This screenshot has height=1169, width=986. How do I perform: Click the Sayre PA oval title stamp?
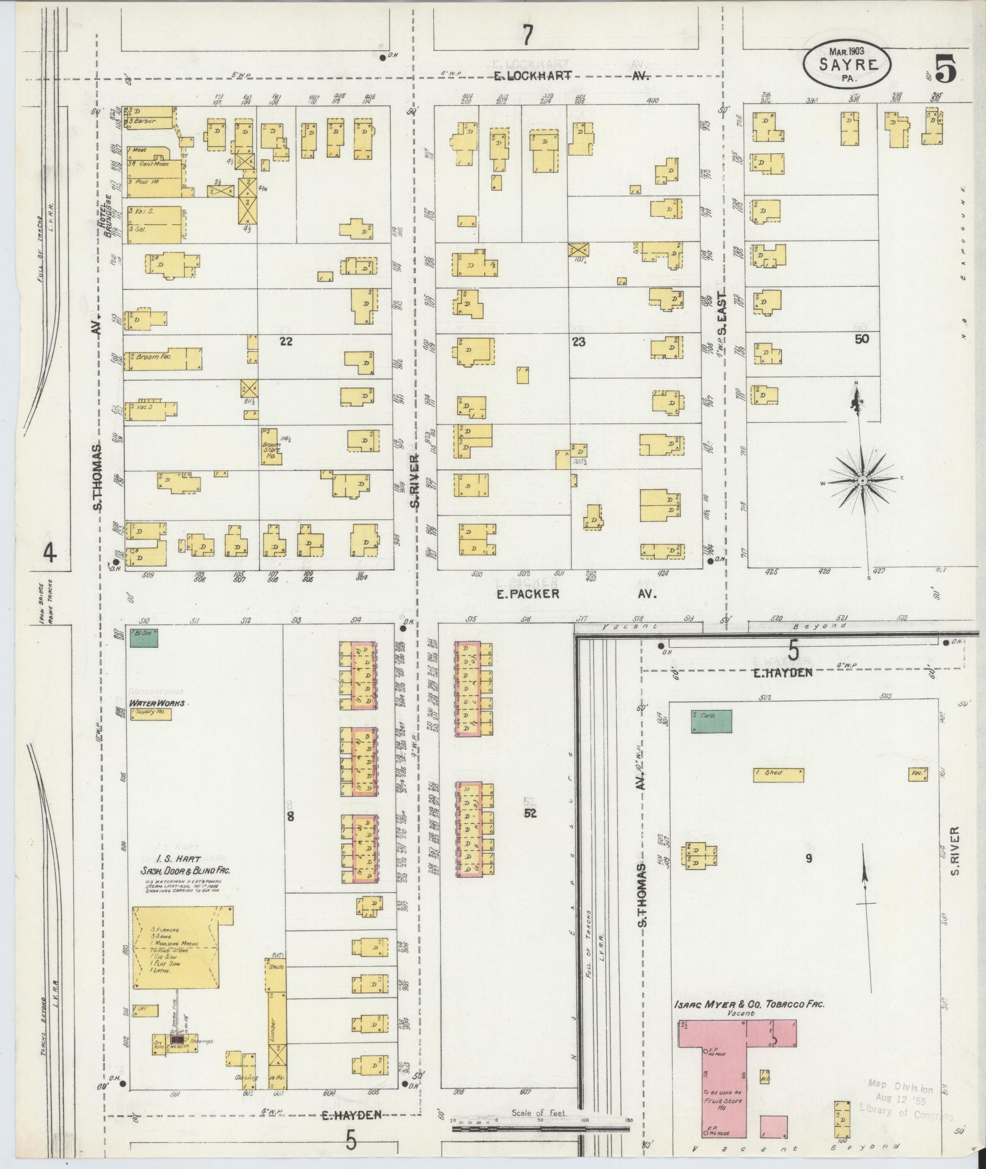click(847, 64)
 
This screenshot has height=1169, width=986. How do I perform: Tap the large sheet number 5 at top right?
click(945, 68)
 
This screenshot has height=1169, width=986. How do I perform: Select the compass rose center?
click(861, 482)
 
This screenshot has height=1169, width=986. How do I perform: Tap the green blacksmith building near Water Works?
click(142, 637)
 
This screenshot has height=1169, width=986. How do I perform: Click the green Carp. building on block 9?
click(711, 721)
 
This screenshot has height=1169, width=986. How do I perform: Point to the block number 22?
click(285, 342)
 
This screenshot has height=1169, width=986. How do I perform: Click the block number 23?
click(578, 342)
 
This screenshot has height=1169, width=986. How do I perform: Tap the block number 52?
click(530, 813)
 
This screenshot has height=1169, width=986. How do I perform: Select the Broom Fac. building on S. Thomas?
click(164, 359)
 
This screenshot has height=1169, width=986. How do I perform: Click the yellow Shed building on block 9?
click(778, 775)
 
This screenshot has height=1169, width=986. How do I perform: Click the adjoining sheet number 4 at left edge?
click(50, 553)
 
